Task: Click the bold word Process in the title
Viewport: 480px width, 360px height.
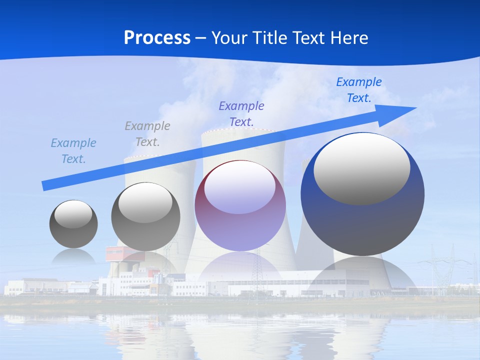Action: [157, 37]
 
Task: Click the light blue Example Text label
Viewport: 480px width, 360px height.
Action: [73, 150]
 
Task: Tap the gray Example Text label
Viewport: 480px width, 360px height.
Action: [147, 133]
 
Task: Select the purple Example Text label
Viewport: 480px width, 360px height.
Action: [241, 113]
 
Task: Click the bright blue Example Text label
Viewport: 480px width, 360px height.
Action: [358, 89]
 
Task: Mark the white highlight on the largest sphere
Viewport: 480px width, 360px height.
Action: [361, 169]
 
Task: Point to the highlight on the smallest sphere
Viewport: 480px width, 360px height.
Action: [73, 214]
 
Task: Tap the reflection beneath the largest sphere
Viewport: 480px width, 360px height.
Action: [362, 275]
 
